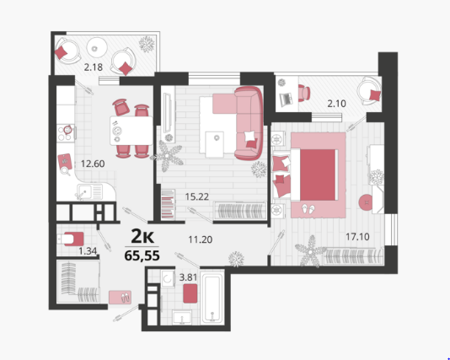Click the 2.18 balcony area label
click(94, 67)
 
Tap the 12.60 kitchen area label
click(93, 164)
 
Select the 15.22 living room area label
click(197, 196)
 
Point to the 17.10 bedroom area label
click(357, 237)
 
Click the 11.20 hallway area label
click(201, 239)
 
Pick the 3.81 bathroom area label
click(188, 277)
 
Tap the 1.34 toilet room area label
click(88, 251)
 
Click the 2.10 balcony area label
click(336, 104)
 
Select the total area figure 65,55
click(142, 255)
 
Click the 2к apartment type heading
click(142, 237)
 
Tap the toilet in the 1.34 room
click(71, 239)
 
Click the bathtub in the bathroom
click(212, 298)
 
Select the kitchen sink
click(89, 191)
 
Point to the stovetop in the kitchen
click(66, 133)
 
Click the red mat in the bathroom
click(190, 293)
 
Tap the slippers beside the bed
click(308, 209)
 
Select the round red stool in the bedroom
click(367, 202)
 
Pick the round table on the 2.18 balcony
click(97, 48)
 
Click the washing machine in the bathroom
click(168, 278)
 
